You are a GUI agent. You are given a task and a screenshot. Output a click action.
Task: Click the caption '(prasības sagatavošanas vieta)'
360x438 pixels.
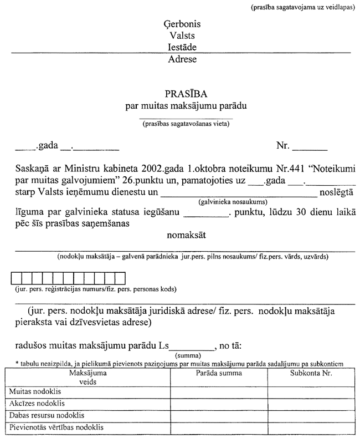pyautogui.click(x=186, y=124)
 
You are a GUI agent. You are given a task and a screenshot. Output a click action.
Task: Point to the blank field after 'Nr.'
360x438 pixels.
pyautogui.click(x=310, y=147)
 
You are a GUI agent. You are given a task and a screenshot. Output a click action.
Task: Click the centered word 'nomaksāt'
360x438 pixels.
pyautogui.click(x=187, y=235)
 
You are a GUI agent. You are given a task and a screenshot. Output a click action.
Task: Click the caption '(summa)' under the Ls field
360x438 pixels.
pyautogui.click(x=186, y=354)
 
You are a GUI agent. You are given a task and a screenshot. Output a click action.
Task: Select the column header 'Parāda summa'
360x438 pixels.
pyautogui.click(x=219, y=373)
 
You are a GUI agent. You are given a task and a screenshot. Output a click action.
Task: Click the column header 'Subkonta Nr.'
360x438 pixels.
pyautogui.click(x=311, y=373)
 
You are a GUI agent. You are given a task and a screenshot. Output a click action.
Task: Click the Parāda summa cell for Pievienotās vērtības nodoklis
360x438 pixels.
pyautogui.click(x=219, y=427)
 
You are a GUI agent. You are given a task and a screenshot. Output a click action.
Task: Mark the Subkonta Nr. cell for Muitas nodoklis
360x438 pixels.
pyautogui.click(x=311, y=391)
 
